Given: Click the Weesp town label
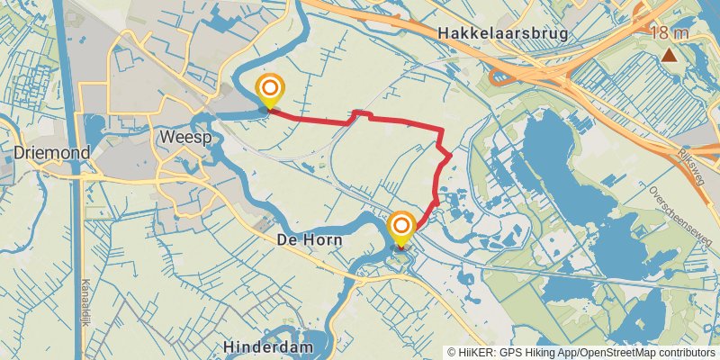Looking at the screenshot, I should [x=184, y=137].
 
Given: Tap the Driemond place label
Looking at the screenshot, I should [x=52, y=153].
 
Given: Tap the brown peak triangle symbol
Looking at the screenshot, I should [x=669, y=56].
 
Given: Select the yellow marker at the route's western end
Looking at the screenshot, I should [x=269, y=89].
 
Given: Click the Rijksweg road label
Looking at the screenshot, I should [x=692, y=166].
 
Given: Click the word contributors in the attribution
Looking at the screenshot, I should [x=683, y=352].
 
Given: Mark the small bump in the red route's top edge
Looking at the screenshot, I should [x=362, y=113].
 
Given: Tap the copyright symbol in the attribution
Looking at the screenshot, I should [x=452, y=352].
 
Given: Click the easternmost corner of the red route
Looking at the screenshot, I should [x=450, y=157].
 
